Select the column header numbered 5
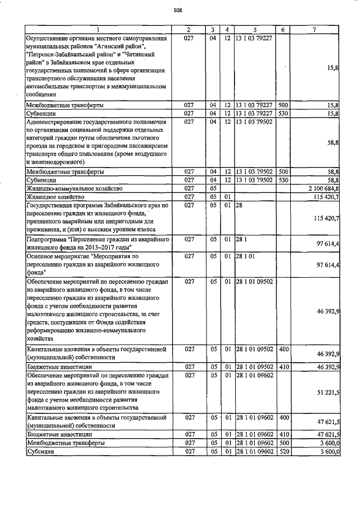tap(255, 29)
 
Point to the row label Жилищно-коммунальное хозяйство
tap(74, 188)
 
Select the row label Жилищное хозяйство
tap(55, 197)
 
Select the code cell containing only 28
tap(239, 205)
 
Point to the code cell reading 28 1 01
tap(245, 256)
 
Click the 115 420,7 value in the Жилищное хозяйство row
tap(325, 197)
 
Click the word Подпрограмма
tap(47, 240)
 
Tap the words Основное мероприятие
tap(58, 256)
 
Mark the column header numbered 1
tap(97, 29)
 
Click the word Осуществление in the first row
tap(51, 38)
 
